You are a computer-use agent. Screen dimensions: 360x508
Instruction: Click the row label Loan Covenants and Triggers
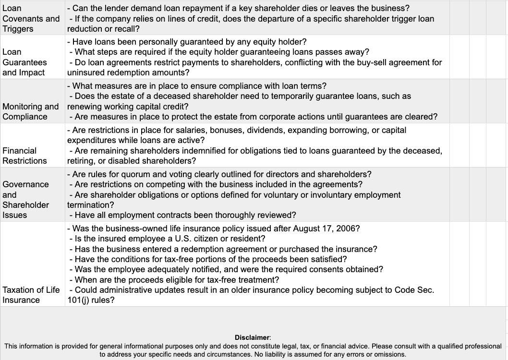click(x=31, y=18)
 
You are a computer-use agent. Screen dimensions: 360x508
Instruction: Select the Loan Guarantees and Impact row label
click(x=25, y=62)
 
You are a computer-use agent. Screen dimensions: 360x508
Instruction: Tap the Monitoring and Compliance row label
click(x=31, y=111)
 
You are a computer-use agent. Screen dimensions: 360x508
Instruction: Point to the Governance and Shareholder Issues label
click(x=26, y=199)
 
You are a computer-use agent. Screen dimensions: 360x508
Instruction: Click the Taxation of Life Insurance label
click(x=31, y=295)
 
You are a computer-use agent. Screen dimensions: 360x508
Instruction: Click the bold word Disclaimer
click(x=253, y=337)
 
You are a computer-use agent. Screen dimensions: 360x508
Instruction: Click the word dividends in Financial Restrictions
click(x=215, y=130)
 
